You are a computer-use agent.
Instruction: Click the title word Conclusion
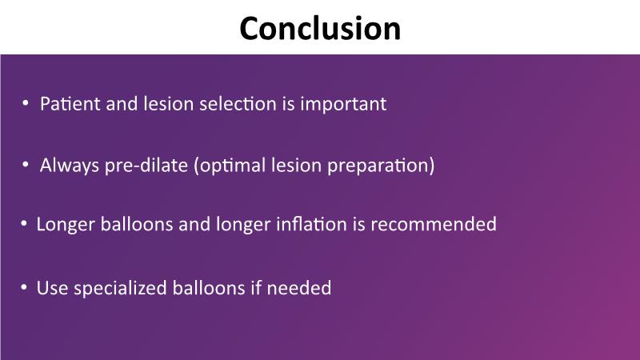320,28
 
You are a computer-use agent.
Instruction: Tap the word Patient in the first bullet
70,104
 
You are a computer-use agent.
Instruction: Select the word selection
238,104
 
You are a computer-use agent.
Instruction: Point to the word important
343,104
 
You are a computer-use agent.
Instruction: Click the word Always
70,166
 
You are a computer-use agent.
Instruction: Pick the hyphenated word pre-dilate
146,166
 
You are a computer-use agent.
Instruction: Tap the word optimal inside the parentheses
233,166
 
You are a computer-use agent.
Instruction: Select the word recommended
434,224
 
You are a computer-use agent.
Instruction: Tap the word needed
298,288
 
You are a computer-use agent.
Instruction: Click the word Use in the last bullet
52,288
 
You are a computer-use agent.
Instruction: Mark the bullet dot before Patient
26,103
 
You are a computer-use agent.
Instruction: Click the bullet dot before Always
26,165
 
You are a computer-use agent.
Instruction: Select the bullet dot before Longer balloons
24,224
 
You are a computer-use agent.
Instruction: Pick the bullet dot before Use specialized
24,287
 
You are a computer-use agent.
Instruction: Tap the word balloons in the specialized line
209,288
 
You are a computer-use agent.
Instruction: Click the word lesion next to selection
168,104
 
